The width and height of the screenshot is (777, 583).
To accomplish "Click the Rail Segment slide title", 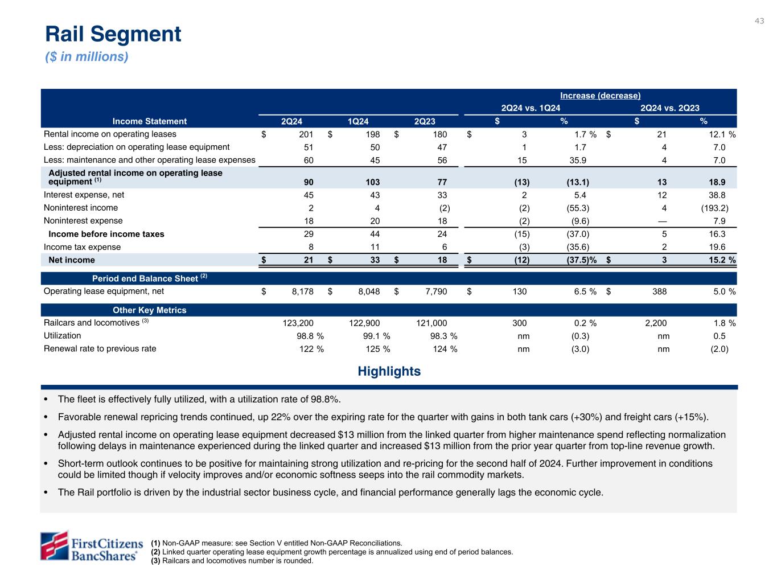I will [x=113, y=34].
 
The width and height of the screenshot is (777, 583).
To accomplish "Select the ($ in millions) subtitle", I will [x=87, y=57].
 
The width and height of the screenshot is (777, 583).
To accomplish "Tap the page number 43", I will [x=759, y=21].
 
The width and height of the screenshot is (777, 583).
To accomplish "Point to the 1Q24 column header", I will [x=358, y=121].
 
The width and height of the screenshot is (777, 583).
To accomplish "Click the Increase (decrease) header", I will [x=599, y=96].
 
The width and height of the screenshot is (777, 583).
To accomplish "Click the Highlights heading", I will [x=389, y=372].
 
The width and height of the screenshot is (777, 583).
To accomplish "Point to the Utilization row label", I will [x=62, y=336].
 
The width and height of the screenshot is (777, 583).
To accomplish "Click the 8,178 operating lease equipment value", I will [x=299, y=291].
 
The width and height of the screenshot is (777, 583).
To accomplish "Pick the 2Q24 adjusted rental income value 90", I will [x=308, y=183].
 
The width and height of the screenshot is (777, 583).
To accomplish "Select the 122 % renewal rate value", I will [x=311, y=349].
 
